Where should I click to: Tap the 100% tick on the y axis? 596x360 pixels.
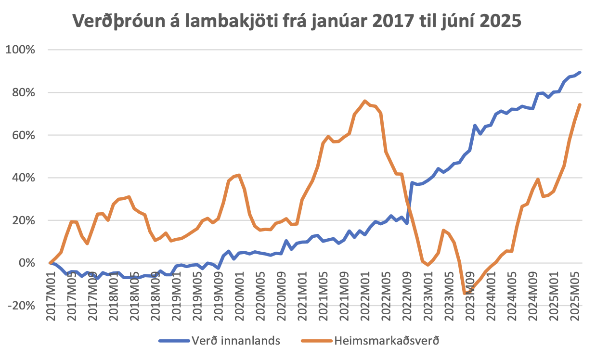20,50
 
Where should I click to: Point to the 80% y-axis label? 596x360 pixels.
22,92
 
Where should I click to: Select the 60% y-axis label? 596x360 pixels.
22,135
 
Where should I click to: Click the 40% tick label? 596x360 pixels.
22,178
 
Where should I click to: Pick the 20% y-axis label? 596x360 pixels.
22,220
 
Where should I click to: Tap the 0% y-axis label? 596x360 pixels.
25,263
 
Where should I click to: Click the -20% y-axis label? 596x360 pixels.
21,306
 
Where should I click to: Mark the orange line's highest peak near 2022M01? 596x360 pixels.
364,101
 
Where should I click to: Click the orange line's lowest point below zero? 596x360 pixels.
465,293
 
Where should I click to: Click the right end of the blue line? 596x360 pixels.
580,72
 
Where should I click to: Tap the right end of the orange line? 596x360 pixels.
580,104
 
